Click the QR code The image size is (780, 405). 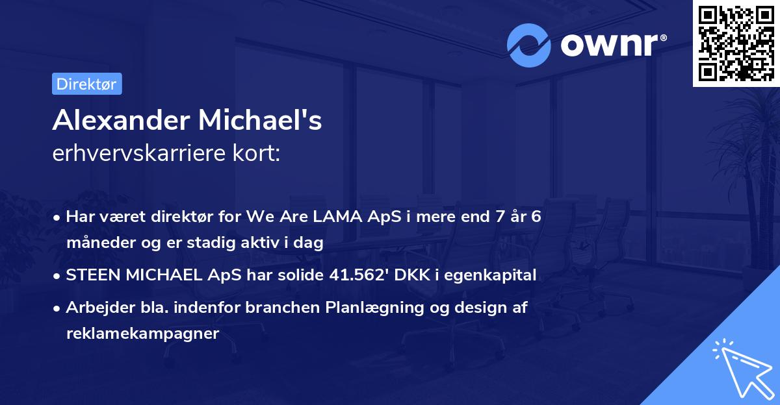(736, 43)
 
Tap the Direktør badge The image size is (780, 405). (86, 84)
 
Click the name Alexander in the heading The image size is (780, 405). (120, 121)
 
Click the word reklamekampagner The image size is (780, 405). (143, 334)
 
